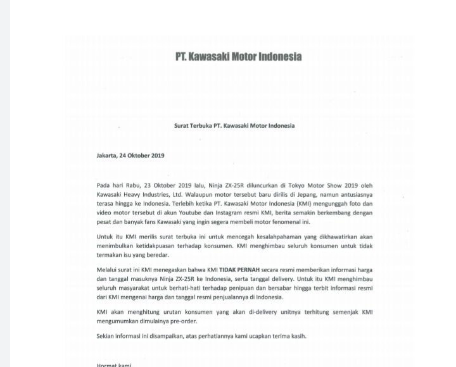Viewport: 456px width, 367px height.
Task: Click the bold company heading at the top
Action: click(238, 56)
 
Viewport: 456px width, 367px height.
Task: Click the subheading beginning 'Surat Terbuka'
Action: click(234, 125)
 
